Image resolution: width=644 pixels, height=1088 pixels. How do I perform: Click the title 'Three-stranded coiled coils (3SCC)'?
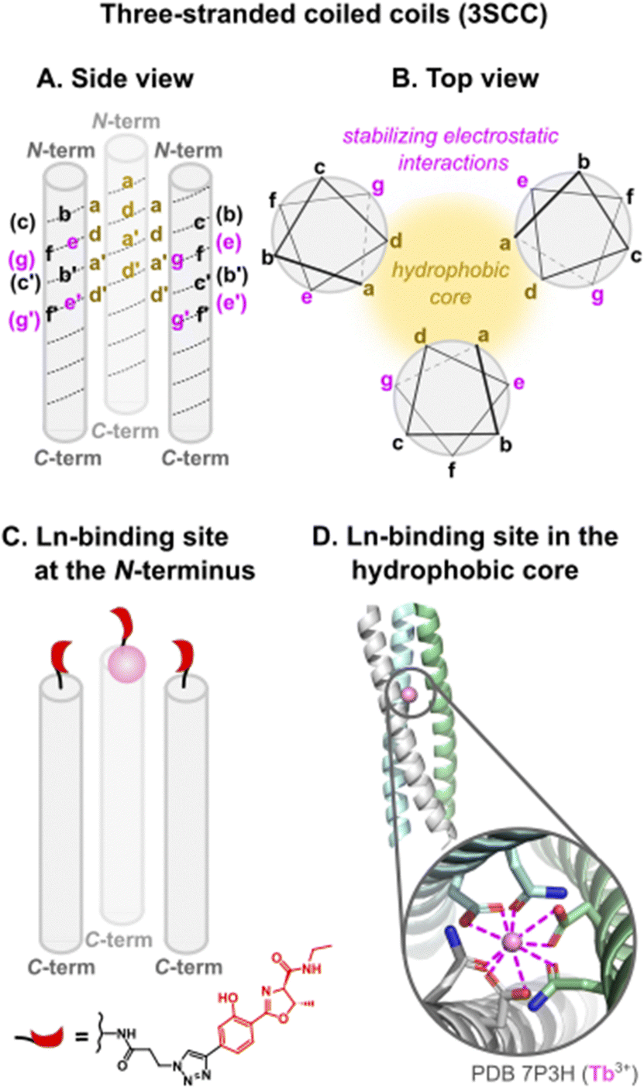pyautogui.click(x=324, y=15)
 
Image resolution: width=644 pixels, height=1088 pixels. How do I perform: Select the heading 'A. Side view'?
pyautogui.click(x=115, y=79)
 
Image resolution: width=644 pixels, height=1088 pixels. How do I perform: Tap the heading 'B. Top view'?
pyautogui.click(x=465, y=79)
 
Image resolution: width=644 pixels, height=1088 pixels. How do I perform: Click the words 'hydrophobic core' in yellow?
pyautogui.click(x=450, y=283)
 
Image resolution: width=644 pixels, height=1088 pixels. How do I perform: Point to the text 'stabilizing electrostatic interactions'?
pyautogui.click(x=451, y=149)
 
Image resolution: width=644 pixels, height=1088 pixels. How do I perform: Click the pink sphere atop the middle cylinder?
pyautogui.click(x=126, y=663)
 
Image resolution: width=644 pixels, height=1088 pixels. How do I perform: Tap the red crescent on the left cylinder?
pyautogui.click(x=60, y=656)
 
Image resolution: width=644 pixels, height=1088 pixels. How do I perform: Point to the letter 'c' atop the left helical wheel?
pyautogui.click(x=319, y=167)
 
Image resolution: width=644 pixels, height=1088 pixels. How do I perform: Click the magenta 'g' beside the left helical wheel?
pyautogui.click(x=378, y=187)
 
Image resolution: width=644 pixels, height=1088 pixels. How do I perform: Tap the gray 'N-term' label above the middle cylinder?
pyautogui.click(x=126, y=121)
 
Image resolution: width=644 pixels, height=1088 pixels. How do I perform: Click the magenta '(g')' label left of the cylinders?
pyautogui.click(x=24, y=321)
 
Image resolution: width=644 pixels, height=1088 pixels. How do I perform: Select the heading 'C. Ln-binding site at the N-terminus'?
pyautogui.click(x=129, y=553)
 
